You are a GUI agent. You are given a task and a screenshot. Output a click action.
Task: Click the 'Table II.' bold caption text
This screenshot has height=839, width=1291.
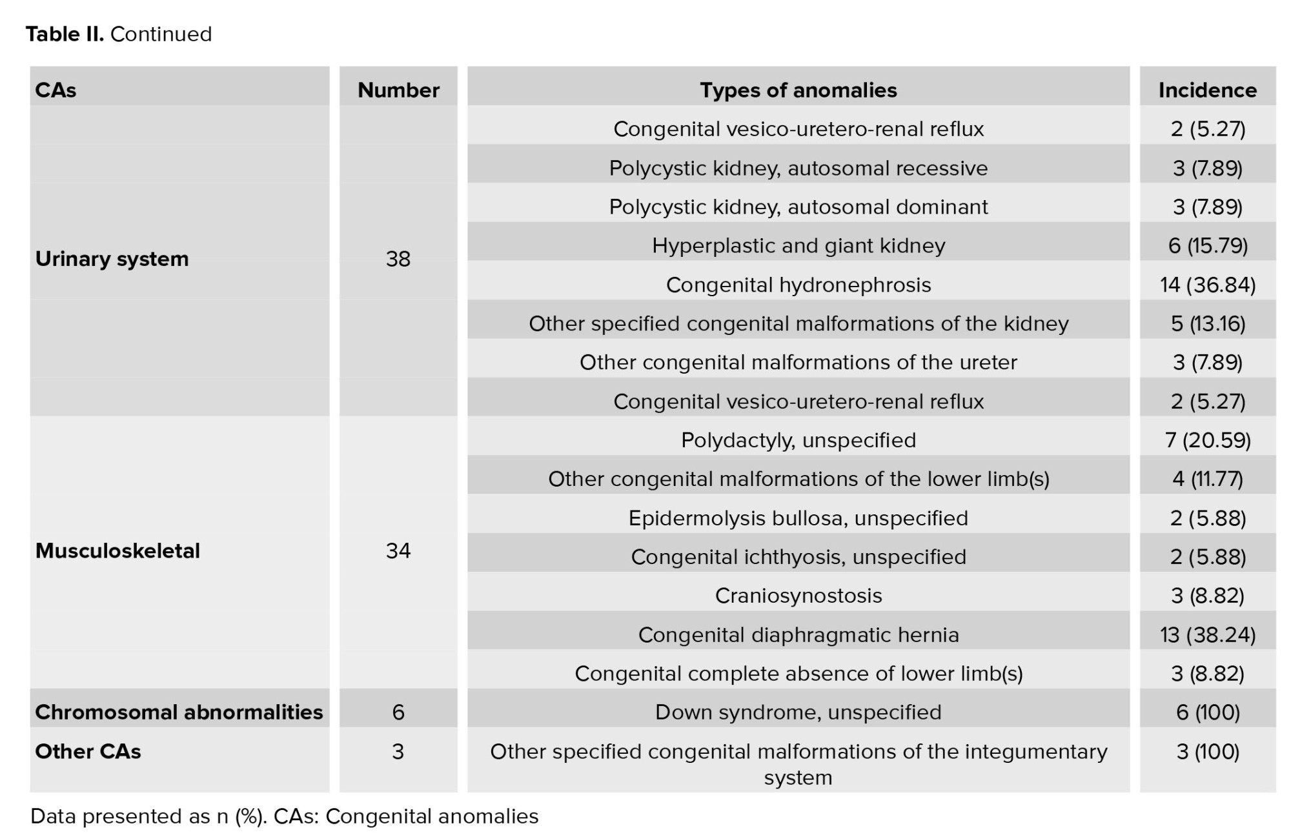(65, 34)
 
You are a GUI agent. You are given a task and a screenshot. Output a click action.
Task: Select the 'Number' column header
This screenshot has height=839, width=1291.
(398, 90)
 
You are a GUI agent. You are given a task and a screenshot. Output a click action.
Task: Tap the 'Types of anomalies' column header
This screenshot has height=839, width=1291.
(798, 90)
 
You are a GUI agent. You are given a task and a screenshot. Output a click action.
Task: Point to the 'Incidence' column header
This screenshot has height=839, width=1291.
(1208, 90)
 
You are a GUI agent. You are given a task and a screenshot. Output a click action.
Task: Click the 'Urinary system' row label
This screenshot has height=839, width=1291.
(112, 259)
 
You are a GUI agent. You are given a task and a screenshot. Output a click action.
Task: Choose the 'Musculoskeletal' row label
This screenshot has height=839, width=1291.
(117, 551)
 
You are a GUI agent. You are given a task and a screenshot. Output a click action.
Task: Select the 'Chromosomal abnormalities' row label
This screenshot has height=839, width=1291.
(179, 712)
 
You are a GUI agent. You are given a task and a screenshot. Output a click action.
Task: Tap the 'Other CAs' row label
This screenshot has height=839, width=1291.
(88, 751)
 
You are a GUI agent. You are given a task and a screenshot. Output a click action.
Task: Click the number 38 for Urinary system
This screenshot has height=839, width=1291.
(398, 259)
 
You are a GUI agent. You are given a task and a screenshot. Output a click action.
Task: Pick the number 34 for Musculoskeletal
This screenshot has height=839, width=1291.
(398, 551)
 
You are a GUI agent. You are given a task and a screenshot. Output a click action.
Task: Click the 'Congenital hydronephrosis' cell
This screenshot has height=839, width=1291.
(798, 285)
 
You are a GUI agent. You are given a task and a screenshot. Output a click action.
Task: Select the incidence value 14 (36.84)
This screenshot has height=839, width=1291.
(1208, 285)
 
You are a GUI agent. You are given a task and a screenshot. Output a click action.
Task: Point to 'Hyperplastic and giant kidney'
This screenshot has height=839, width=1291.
(798, 246)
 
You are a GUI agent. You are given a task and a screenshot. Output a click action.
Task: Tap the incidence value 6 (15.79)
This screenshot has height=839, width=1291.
(1208, 246)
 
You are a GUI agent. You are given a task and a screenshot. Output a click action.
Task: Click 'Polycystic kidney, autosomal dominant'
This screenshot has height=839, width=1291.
(798, 207)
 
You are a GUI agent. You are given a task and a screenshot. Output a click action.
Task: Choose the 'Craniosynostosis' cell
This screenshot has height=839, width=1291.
(798, 596)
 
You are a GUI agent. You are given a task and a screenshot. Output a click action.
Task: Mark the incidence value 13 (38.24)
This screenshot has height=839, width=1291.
(1208, 635)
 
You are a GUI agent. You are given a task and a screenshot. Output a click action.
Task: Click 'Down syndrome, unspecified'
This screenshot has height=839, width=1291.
(798, 712)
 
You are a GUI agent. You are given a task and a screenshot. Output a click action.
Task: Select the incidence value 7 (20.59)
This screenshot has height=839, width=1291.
(1208, 440)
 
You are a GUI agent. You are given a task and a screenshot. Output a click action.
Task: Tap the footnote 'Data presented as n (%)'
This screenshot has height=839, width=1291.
(148, 816)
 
